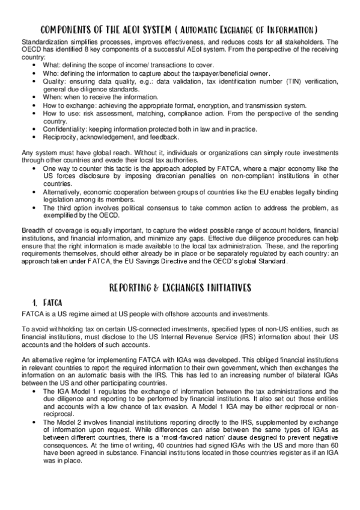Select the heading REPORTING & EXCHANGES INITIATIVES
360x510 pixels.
[x=180, y=287]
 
